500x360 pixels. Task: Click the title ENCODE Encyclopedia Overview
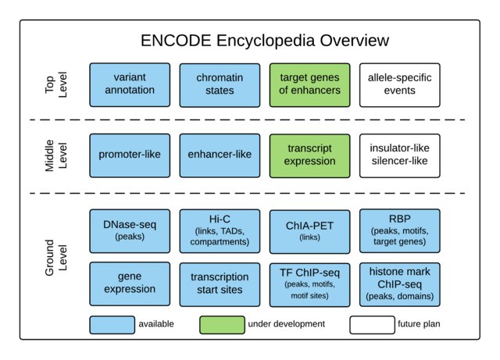pyautogui.click(x=264, y=41)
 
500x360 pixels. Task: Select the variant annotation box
pyautogui.click(x=130, y=84)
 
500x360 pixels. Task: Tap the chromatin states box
pyautogui.click(x=220, y=84)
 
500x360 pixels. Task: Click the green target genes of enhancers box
pyautogui.click(x=309, y=84)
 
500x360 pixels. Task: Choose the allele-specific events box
pyautogui.click(x=399, y=84)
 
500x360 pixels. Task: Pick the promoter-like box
pyautogui.click(x=130, y=155)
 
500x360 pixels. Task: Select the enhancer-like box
pyautogui.click(x=220, y=155)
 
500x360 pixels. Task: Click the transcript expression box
pyautogui.click(x=309, y=155)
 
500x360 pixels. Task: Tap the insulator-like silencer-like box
pyautogui.click(x=399, y=155)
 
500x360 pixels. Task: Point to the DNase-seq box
pyautogui.click(x=130, y=230)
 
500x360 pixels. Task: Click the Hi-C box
pyautogui.click(x=220, y=230)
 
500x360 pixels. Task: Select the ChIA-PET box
pyautogui.click(x=309, y=230)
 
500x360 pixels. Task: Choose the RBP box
pyautogui.click(x=399, y=230)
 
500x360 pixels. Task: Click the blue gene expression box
pyautogui.click(x=130, y=283)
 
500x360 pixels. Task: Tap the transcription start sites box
pyautogui.click(x=220, y=283)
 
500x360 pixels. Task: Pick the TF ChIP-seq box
pyautogui.click(x=309, y=283)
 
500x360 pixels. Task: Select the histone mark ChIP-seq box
pyautogui.click(x=399, y=283)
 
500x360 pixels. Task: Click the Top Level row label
pyautogui.click(x=56, y=84)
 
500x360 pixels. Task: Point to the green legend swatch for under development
pyautogui.click(x=222, y=324)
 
